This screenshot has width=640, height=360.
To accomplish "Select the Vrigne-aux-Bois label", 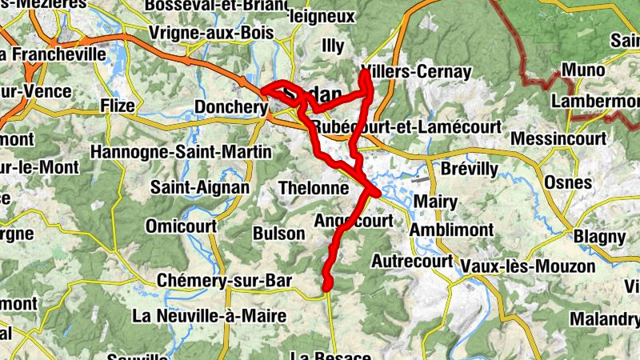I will tap(212, 34).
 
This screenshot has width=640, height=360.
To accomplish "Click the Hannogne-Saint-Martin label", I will tap(181, 151).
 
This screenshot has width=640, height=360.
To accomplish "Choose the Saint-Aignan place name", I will tap(200, 187).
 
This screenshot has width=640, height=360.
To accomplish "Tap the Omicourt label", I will tap(181, 226).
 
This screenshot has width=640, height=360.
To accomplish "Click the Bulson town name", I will tap(278, 234).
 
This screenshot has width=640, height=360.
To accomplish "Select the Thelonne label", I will tap(314, 188).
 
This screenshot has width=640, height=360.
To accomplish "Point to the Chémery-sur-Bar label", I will tap(225, 281).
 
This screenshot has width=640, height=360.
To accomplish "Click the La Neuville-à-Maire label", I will tap(209, 316).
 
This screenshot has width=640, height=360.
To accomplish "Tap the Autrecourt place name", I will tap(412, 261).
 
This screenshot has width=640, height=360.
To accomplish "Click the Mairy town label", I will tap(436, 201).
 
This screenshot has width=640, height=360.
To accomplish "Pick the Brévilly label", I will tap(470, 170).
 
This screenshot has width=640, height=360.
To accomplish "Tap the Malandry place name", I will tap(604, 318).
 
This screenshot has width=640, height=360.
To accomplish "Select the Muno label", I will tap(583, 70).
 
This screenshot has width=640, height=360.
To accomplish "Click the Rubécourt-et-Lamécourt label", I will tap(406, 127).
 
